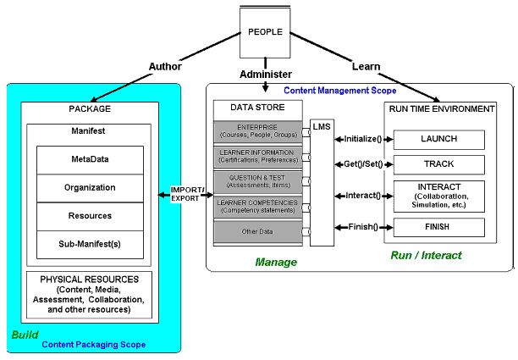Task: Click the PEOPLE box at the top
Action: [265, 32]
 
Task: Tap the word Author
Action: [165, 66]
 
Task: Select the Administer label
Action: [266, 74]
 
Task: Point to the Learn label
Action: [366, 66]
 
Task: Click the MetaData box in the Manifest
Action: [90, 158]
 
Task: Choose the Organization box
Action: [90, 187]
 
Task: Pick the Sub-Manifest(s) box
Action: [90, 245]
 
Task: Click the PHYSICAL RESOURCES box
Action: [90, 293]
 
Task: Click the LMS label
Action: [322, 126]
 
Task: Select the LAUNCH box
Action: [438, 139]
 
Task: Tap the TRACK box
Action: [438, 164]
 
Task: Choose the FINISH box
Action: [438, 227]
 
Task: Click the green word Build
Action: [25, 335]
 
